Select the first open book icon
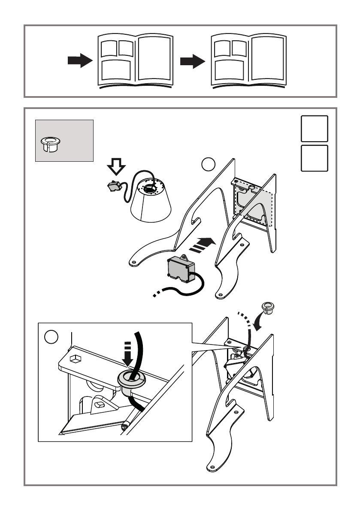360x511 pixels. (136, 61)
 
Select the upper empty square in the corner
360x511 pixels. (315, 129)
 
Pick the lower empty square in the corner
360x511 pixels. (315, 157)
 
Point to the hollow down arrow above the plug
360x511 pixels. (116, 166)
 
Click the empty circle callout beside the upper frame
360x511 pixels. (208, 164)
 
